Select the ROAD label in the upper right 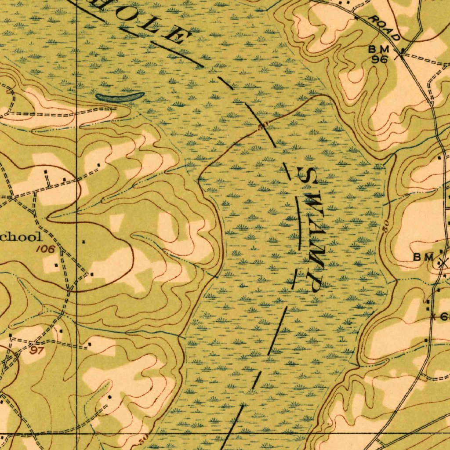pos(384,27)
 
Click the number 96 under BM pos(379,59)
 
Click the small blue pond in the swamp pos(120,96)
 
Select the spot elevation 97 pos(37,350)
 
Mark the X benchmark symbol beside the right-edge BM pos(442,263)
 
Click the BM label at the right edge pos(423,257)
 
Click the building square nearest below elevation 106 pos(56,265)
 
